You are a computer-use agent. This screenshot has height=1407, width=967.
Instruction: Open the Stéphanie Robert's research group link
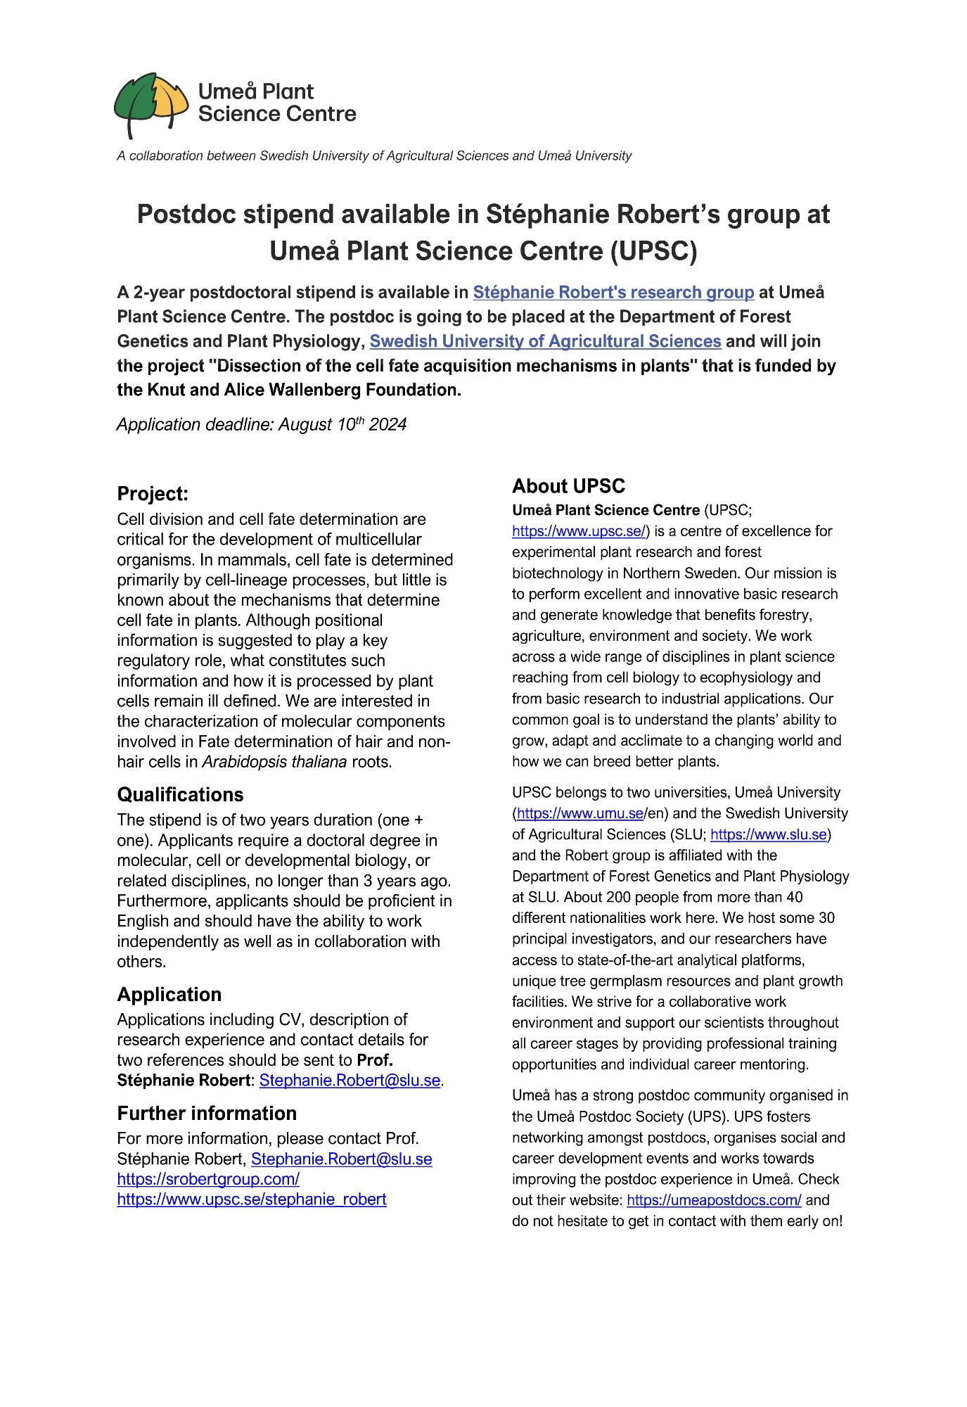pos(613,292)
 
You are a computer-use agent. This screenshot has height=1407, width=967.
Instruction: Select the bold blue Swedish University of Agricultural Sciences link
pos(545,341)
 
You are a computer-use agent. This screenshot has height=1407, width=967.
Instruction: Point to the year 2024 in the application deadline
pos(388,425)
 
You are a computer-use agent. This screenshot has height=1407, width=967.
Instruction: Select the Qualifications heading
pos(180,794)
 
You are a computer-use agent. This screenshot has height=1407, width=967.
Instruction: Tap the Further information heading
pos(207,1113)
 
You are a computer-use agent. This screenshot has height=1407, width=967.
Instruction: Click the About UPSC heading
pos(568,486)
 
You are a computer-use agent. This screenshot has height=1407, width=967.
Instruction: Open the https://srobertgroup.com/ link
pos(208,1179)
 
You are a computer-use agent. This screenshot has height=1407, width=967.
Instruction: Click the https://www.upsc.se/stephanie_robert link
pos(252,1199)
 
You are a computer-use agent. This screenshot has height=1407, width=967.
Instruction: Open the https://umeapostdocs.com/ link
pos(714,1200)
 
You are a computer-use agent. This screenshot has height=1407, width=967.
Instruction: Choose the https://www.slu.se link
pos(769,834)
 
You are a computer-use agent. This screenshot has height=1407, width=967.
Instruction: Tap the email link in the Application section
pos(350,1081)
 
